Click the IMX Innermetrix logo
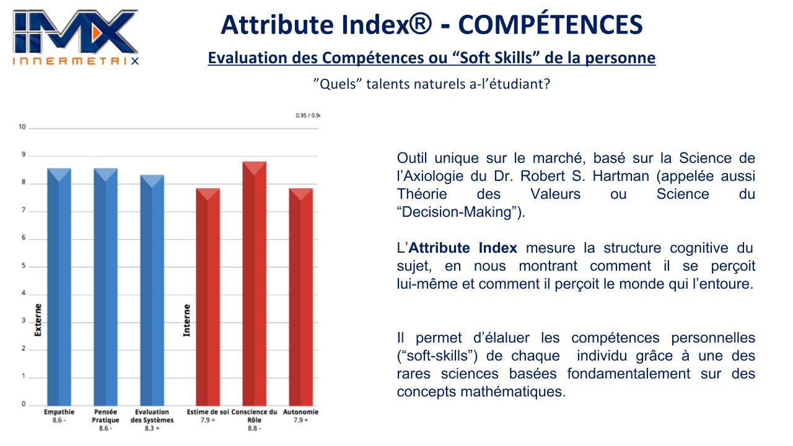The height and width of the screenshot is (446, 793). point(76,37)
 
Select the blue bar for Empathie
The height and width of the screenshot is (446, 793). point(59,287)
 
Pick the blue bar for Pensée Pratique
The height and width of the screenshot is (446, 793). point(105,287)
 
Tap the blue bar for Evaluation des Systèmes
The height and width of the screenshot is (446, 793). point(152,291)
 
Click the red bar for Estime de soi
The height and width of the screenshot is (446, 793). point(208,297)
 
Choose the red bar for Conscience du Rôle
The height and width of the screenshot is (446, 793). point(254,284)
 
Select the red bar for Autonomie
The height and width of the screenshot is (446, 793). point(300,297)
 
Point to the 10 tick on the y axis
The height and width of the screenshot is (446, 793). point(22,127)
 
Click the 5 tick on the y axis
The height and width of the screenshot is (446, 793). point(24,266)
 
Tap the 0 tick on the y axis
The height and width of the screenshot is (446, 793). point(24,404)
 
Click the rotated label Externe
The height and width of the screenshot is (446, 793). point(38,320)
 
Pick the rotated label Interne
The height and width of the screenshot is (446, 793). point(186,320)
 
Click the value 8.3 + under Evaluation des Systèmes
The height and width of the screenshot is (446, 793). point(152,428)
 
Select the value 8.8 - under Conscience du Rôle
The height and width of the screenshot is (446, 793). point(254,428)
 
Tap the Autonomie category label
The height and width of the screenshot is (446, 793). point(300,412)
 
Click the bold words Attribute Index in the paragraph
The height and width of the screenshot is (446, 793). point(463,248)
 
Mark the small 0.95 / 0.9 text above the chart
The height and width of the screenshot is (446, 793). point(308,115)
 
